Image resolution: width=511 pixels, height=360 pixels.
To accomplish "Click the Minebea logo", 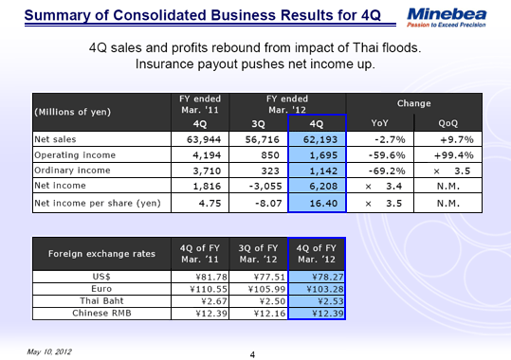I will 449,15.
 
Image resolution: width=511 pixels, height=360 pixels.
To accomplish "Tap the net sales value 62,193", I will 320,139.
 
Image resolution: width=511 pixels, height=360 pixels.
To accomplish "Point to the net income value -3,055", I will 258,188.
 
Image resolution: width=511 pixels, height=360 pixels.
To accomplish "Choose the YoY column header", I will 380,123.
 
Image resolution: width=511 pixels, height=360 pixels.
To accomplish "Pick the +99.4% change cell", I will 453,155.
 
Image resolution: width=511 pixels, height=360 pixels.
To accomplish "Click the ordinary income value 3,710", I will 192,171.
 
